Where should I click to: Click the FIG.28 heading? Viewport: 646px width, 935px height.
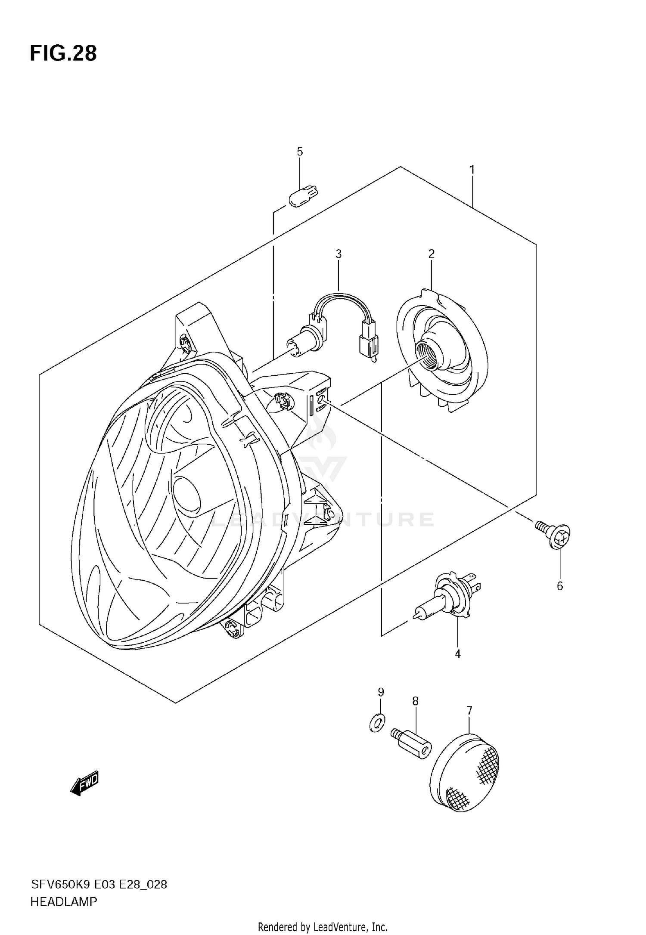(x=63, y=54)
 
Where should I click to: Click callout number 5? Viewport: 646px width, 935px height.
(x=300, y=152)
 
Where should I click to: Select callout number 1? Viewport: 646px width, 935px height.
(x=472, y=170)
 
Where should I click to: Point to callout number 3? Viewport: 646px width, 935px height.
(x=339, y=254)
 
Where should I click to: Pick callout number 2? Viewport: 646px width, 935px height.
(x=431, y=254)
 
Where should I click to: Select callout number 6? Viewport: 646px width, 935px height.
(x=560, y=586)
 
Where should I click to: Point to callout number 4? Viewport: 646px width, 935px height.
(x=457, y=654)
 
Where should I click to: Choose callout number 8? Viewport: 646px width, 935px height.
(x=415, y=701)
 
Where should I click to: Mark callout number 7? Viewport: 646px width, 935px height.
(x=469, y=710)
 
